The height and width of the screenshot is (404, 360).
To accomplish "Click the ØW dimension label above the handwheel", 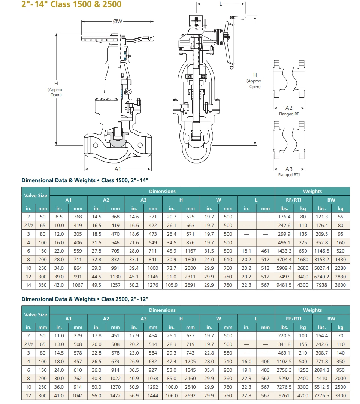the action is (117, 21).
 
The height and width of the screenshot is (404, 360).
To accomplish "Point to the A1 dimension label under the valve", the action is (118, 169).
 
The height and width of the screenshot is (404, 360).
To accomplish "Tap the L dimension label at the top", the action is (221, 4).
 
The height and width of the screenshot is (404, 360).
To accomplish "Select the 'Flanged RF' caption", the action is (289, 114).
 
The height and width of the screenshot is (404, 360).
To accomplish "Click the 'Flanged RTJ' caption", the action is (289, 175).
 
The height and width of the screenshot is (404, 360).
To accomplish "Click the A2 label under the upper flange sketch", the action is (289, 108).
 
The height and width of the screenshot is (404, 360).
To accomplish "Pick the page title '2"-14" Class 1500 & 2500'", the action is (71, 4).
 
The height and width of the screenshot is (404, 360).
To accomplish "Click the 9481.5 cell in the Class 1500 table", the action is (284, 285).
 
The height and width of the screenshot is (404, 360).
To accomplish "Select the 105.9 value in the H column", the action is (172, 285).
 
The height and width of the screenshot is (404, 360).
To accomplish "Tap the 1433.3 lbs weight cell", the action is (284, 251).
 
